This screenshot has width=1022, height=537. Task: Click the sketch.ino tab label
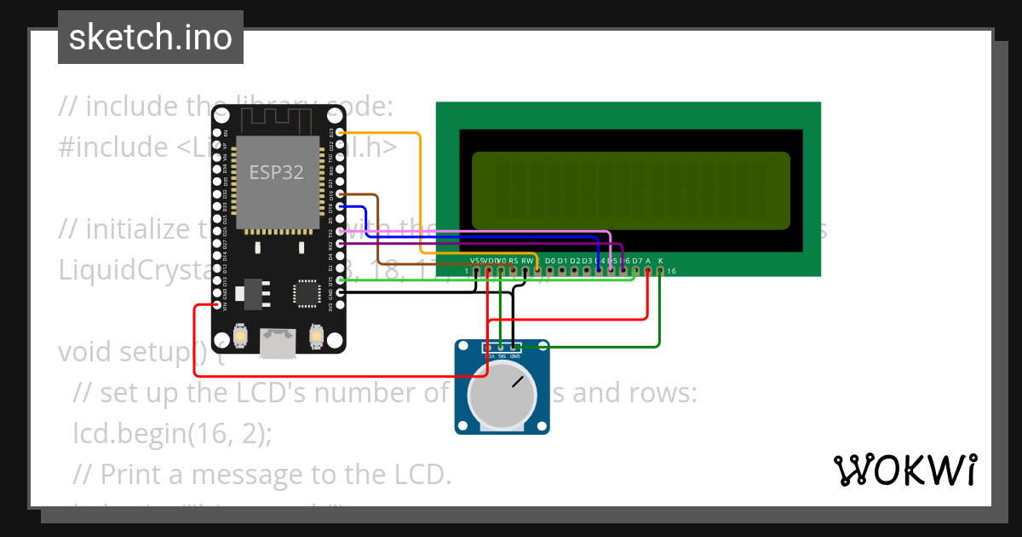pyautogui.click(x=150, y=38)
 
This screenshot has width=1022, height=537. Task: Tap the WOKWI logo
pyautogui.click(x=904, y=470)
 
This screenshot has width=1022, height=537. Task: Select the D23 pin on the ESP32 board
pyautogui.click(x=341, y=133)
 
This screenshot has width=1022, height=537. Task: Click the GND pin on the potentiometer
pyautogui.click(x=514, y=348)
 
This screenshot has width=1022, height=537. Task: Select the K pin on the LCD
pyautogui.click(x=660, y=271)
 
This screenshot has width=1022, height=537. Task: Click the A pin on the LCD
pyautogui.click(x=648, y=271)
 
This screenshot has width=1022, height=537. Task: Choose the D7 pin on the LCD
pyautogui.click(x=636, y=271)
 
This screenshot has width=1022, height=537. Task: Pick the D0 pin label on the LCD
pyautogui.click(x=549, y=260)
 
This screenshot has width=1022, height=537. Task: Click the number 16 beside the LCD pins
pyautogui.click(x=671, y=271)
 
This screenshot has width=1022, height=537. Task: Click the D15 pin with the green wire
pyautogui.click(x=341, y=280)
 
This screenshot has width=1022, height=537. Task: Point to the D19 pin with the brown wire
pyautogui.click(x=341, y=194)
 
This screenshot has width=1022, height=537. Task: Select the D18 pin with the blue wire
pyautogui.click(x=341, y=206)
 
